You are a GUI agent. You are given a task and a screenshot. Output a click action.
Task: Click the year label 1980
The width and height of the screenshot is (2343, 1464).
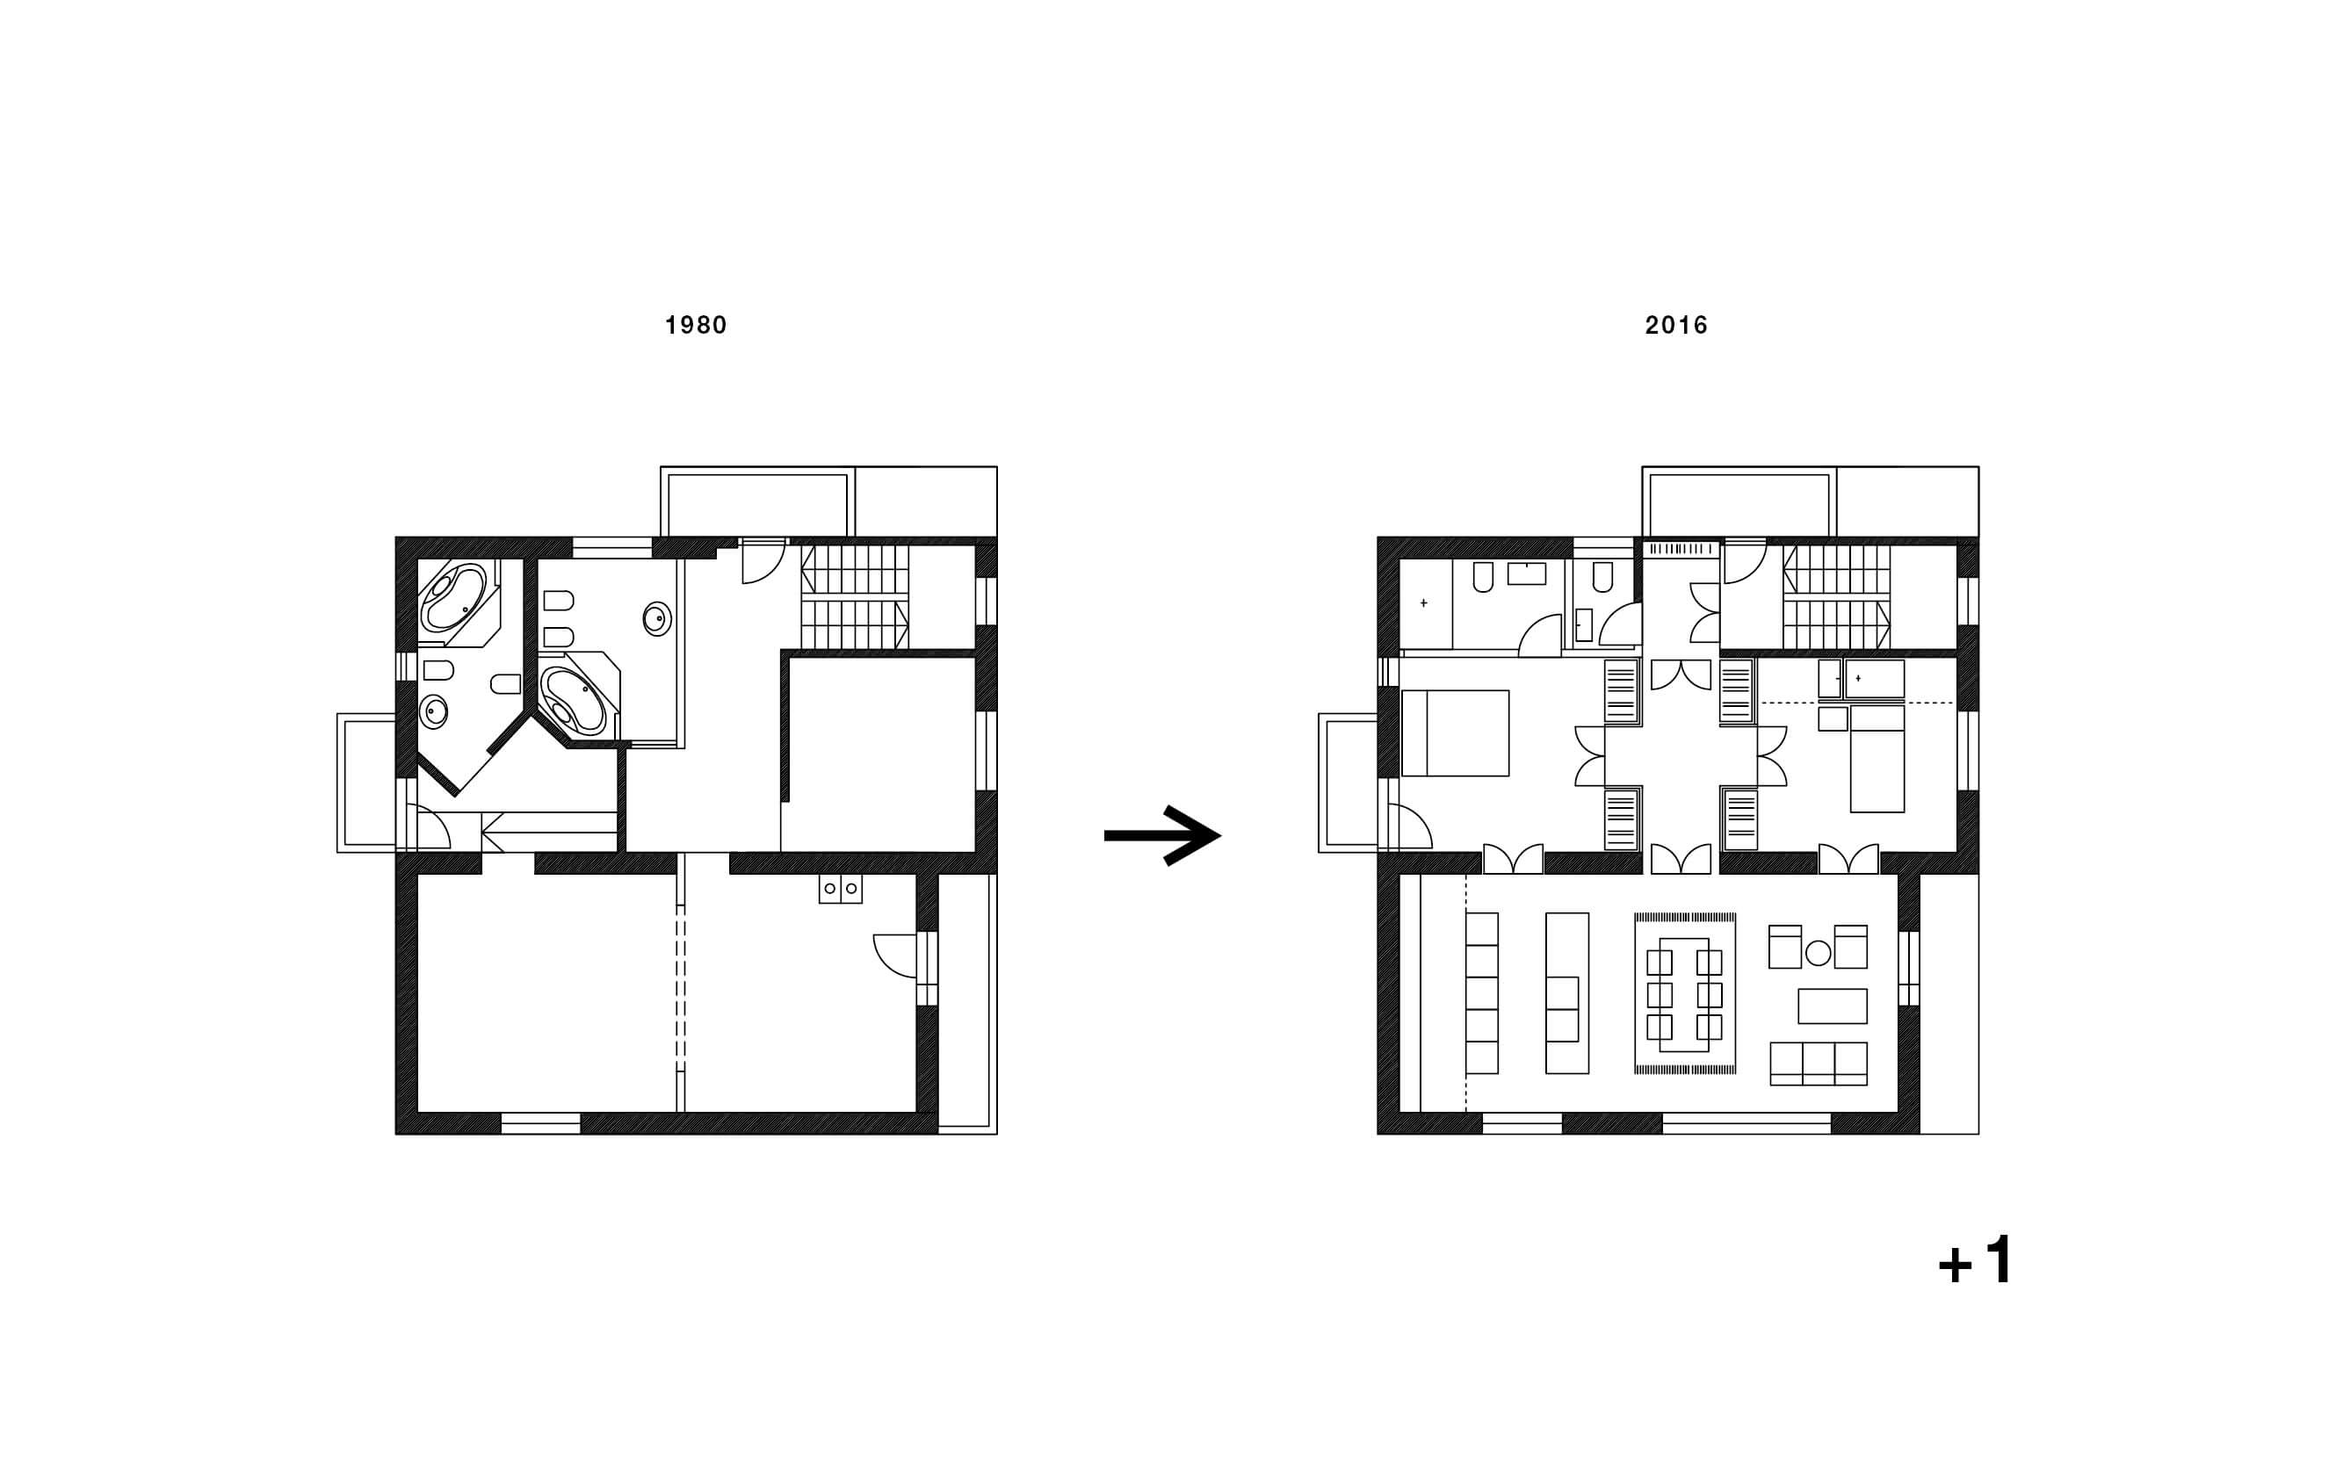coord(696,325)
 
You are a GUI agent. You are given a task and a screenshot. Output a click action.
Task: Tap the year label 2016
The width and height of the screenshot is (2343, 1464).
coord(1676,325)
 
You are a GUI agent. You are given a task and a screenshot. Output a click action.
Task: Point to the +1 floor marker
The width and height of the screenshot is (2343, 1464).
coord(1976,1260)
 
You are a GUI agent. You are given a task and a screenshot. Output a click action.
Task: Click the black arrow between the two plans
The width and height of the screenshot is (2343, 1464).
coord(1162,834)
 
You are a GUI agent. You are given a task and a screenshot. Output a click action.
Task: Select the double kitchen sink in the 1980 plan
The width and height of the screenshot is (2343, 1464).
coord(840,889)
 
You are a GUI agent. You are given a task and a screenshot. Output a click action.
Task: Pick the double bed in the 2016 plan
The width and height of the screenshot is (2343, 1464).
coord(1455,733)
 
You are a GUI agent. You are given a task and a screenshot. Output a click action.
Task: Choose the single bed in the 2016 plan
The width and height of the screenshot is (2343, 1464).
coord(1877,758)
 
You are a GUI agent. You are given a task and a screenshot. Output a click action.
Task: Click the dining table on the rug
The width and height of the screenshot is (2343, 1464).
coord(1684,994)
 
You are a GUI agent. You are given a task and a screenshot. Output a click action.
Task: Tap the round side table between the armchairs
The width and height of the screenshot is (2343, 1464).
coord(1818,954)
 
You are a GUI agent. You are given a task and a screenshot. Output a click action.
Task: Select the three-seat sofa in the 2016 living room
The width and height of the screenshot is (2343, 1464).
coord(1818,1064)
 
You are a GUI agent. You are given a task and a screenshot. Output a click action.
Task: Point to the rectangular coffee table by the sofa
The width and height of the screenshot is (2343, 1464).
coord(1833,1006)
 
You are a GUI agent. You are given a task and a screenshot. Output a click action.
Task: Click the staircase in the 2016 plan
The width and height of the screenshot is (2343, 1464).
coord(1836,596)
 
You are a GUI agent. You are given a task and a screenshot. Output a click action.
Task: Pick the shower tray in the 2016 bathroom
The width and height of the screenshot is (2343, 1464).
coord(1425,604)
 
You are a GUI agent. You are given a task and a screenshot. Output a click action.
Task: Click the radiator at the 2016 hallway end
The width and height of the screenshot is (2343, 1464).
coord(1681,549)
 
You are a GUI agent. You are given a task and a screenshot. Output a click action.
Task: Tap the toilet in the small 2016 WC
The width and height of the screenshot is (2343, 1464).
coord(1602,577)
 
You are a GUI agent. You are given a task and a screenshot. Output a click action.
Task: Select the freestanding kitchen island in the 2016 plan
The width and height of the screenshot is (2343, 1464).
coord(1567,992)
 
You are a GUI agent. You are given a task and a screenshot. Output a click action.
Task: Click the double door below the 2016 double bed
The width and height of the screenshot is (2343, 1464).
coord(1513,859)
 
